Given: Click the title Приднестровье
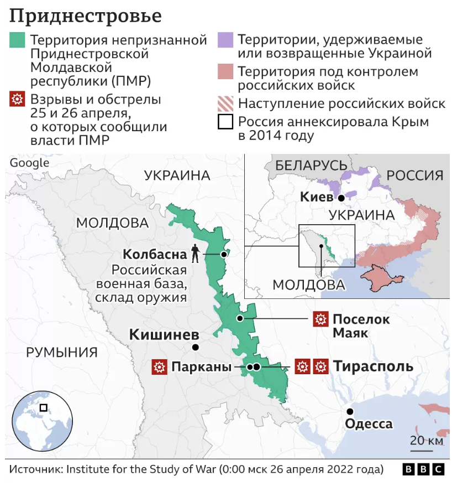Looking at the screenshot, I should tap(86, 15).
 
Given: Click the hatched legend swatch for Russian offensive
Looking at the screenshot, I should tap(226, 104).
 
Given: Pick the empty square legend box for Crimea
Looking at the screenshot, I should tap(226, 122).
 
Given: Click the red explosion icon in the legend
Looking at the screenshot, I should tap(18, 100).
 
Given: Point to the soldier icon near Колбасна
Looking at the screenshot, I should tap(195, 254).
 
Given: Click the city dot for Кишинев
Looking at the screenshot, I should tap(195, 348).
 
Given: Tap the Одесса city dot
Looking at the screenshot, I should tap(350, 411).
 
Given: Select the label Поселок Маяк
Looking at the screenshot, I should tap(361, 326).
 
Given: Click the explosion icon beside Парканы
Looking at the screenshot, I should tap(160, 366).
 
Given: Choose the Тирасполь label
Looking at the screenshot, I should tap(372, 366).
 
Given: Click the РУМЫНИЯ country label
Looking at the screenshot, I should tap(62, 352).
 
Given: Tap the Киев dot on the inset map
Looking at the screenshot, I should tap(341, 198).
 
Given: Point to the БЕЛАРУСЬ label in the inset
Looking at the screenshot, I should tap(311, 165).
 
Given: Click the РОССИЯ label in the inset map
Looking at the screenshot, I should tap(414, 175).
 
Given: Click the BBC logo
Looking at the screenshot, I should tap(423, 469).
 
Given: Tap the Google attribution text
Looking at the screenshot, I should tap(29, 163).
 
